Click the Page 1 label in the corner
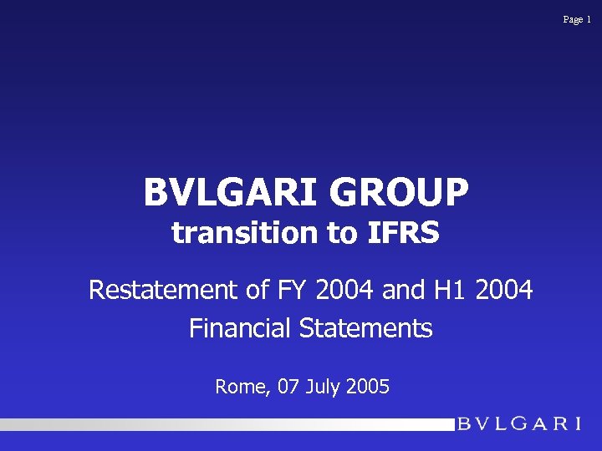point(577,19)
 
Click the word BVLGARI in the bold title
point(232,192)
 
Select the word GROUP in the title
point(400,192)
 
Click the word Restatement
point(163,291)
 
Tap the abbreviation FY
point(288,291)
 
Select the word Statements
point(366,328)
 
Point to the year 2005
point(366,387)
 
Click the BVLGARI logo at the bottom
point(518,423)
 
